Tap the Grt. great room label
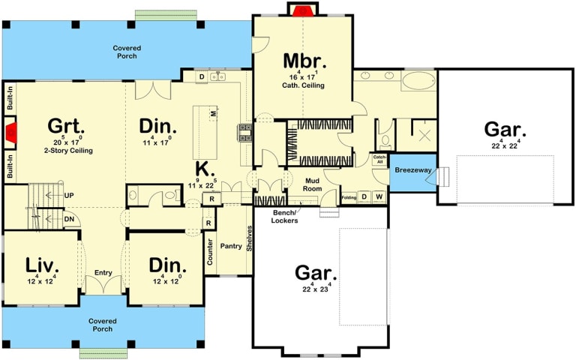65,124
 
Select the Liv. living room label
42,265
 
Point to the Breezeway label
411,171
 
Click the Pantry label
230,246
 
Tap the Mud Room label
312,184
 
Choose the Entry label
103,273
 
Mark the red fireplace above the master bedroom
303,10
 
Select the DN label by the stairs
69,218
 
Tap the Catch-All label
379,160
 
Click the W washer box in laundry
379,196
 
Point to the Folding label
349,197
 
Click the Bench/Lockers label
285,217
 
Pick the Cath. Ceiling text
303,85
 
